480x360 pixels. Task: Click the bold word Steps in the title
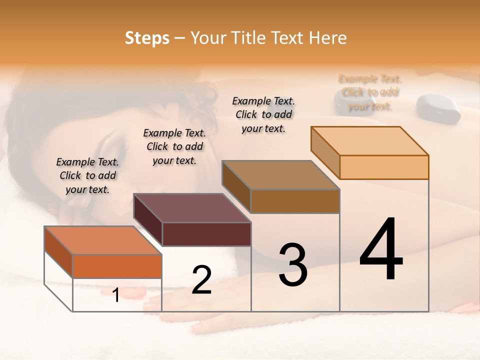click(x=147, y=38)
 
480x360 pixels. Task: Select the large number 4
click(x=381, y=250)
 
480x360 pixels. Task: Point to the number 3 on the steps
click(x=293, y=265)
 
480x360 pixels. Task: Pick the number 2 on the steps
click(x=201, y=280)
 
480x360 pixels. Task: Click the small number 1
click(x=116, y=295)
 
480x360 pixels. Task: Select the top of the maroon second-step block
click(x=192, y=208)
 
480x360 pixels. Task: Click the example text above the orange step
click(x=87, y=175)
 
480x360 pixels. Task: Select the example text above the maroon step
click(x=174, y=146)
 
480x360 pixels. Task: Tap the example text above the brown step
click(x=263, y=114)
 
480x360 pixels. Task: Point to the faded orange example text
click(x=370, y=92)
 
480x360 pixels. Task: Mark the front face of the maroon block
click(x=206, y=234)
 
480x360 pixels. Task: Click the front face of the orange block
click(x=117, y=266)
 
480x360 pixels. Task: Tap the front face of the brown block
click(x=295, y=201)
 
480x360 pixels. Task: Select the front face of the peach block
click(x=384, y=167)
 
